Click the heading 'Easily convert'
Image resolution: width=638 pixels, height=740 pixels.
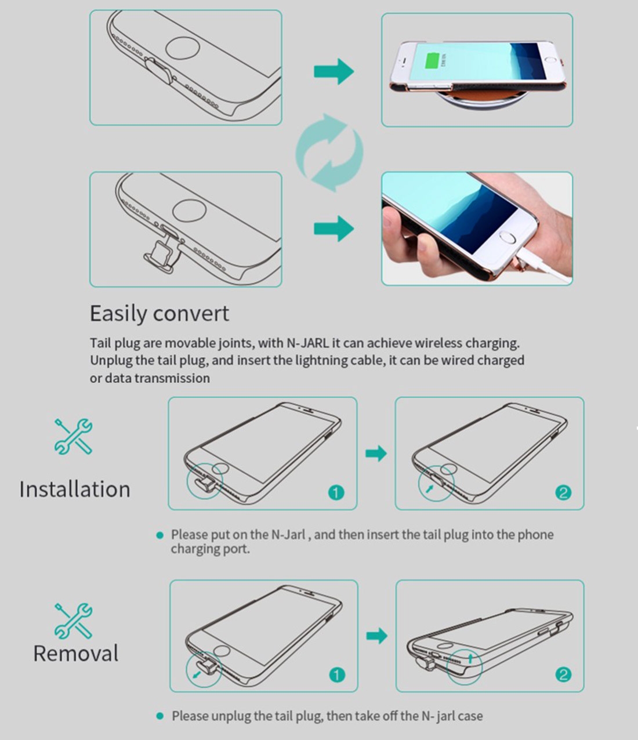(x=159, y=314)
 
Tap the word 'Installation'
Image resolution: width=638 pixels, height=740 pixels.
(x=74, y=489)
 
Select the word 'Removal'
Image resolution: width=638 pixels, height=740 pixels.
(x=75, y=653)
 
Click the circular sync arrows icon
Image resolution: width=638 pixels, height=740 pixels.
(x=329, y=153)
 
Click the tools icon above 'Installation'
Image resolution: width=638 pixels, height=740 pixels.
(x=74, y=436)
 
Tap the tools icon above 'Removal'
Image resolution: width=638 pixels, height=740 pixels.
(x=74, y=621)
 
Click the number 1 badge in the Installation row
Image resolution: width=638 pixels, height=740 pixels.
(x=336, y=492)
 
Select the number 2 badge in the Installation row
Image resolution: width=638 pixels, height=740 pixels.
(x=563, y=492)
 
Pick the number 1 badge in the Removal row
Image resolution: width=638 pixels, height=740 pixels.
(x=336, y=675)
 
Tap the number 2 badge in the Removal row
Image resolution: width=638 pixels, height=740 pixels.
(x=563, y=675)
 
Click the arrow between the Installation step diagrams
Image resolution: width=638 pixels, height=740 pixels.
(x=376, y=454)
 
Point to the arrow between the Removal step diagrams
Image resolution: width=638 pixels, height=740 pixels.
(x=376, y=636)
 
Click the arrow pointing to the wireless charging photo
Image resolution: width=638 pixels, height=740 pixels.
(x=333, y=71)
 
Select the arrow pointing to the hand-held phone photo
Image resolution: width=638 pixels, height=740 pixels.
(x=333, y=228)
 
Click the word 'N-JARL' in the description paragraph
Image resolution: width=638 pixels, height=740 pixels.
(x=307, y=343)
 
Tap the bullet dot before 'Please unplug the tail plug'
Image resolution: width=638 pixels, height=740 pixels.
(x=160, y=716)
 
